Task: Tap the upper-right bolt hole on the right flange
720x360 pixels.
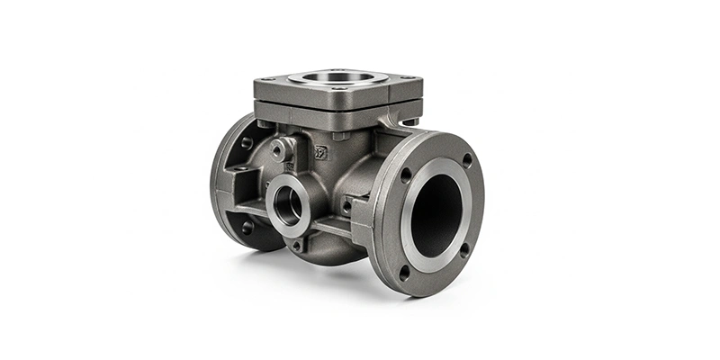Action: click(x=467, y=159)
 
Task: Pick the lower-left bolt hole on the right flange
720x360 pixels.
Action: click(x=404, y=268)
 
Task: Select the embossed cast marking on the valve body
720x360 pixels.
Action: click(x=320, y=151)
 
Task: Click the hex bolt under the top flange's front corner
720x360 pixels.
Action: click(x=337, y=136)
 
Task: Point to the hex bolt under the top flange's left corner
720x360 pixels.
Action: click(x=262, y=123)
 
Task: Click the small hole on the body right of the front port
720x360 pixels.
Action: click(x=346, y=205)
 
